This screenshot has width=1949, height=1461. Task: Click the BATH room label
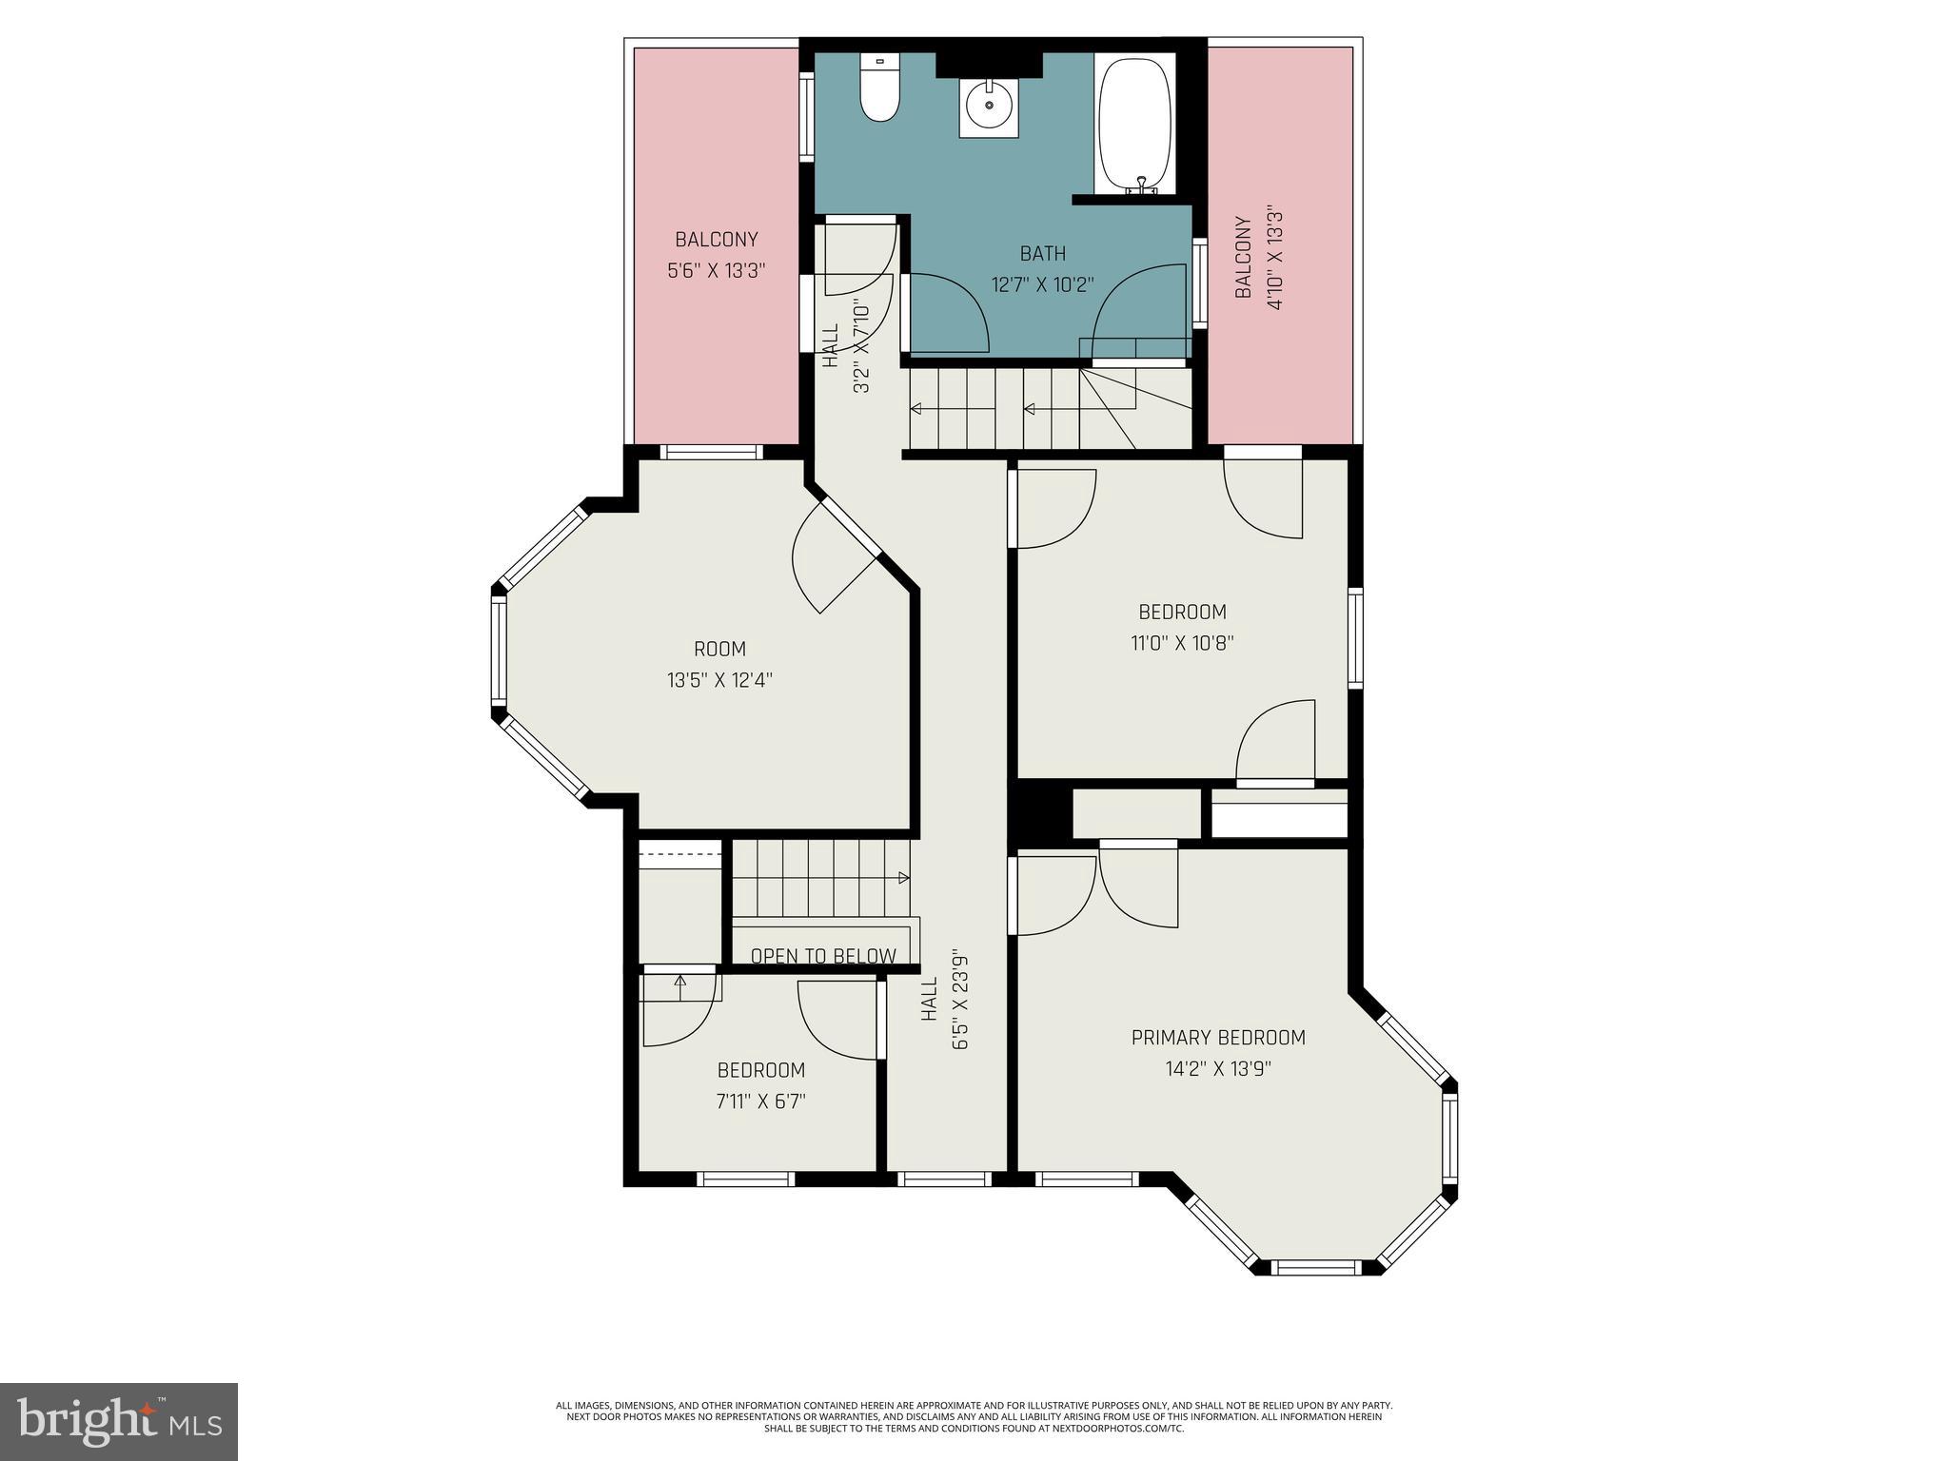1043,254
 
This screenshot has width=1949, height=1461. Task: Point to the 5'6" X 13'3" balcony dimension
717,270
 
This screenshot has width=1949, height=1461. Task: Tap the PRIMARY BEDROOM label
1218,1038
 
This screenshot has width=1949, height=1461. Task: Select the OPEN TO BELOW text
823,956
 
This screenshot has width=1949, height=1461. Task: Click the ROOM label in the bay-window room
719,649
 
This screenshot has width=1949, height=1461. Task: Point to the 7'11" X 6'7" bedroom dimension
761,1101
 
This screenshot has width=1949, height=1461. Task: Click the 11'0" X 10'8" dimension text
1182,642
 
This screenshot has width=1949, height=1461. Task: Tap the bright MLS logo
119,1422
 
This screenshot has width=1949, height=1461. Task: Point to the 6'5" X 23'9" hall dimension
959,1016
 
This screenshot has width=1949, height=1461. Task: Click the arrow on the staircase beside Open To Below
900,878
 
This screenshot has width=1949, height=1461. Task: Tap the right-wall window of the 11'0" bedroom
1355,637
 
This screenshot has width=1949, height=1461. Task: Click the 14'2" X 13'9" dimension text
1218,1069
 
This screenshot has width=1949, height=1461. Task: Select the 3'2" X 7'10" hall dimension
861,347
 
